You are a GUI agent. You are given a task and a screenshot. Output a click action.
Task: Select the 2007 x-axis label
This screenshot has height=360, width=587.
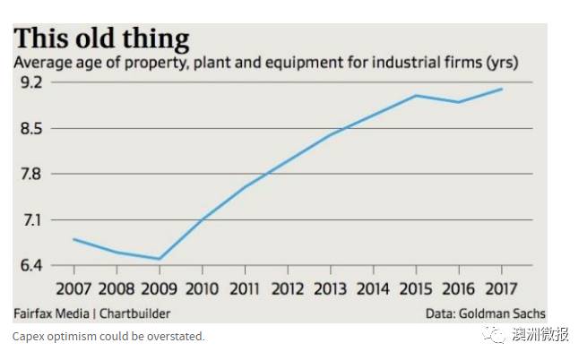[73, 289]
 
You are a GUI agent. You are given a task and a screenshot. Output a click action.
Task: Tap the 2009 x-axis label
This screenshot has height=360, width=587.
[160, 289]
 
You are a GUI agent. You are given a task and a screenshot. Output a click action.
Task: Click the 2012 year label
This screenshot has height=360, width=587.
[288, 289]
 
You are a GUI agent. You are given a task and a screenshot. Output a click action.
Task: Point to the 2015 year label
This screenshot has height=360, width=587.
[416, 289]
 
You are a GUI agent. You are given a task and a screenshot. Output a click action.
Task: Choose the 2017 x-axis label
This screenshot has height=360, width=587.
[501, 289]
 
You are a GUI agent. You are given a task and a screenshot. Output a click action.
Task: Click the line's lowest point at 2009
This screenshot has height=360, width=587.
[160, 259]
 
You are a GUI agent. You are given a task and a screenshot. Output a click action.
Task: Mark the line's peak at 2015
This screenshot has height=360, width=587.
[416, 95]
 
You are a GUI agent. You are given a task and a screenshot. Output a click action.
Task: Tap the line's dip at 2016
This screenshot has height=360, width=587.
[459, 102]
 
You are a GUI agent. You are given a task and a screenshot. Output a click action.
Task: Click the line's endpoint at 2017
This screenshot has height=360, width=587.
[502, 89]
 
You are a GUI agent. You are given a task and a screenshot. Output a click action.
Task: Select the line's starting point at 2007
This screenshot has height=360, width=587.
[73, 239]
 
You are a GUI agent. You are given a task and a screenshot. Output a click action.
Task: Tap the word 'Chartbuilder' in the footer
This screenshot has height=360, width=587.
[134, 313]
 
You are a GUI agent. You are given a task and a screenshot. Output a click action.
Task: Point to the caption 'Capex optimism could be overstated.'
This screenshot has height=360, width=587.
[108, 337]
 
